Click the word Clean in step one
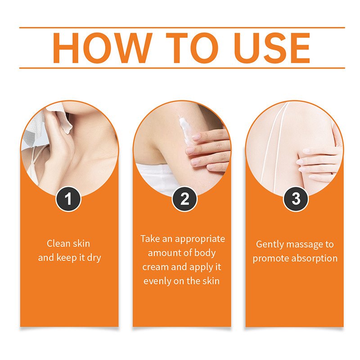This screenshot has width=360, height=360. (57, 243)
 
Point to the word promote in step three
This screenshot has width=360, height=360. (270, 258)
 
